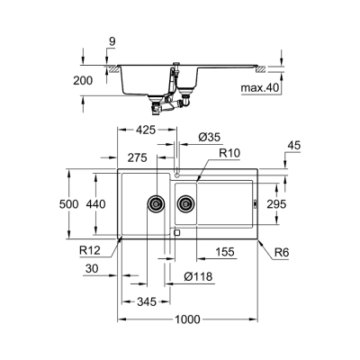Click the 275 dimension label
tap(136, 157)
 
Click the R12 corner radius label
tap(88, 249)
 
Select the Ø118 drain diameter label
tap(199, 276)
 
